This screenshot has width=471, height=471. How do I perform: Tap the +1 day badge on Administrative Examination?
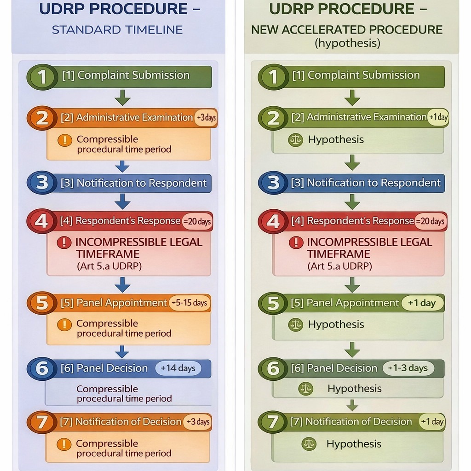pos(437,117)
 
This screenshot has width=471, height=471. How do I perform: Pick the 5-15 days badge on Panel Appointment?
pos(190,303)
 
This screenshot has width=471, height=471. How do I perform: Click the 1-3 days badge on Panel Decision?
pos(408,368)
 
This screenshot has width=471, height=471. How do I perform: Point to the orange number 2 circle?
pos(42,118)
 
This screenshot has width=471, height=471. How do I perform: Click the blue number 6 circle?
pos(42,369)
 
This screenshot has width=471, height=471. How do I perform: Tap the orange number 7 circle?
pos(42,422)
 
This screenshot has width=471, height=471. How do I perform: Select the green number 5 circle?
pos(273,304)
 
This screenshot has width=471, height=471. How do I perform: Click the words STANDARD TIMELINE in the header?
pos(117,30)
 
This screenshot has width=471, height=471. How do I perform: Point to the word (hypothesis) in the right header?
pos(347,44)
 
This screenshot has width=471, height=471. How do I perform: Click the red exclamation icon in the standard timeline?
pos(64,242)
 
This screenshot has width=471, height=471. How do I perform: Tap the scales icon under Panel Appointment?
pos(295,325)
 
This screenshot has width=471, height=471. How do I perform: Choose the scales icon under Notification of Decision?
pos(309,444)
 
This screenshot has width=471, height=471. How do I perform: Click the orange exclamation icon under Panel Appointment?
pos(64,325)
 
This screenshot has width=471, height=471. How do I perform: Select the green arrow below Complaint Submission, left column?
pos(122,98)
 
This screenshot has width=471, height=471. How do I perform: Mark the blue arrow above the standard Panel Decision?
pos(122,352)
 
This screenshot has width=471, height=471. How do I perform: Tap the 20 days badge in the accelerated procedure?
pos(431,221)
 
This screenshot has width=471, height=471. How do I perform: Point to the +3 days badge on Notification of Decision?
pos(197,422)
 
